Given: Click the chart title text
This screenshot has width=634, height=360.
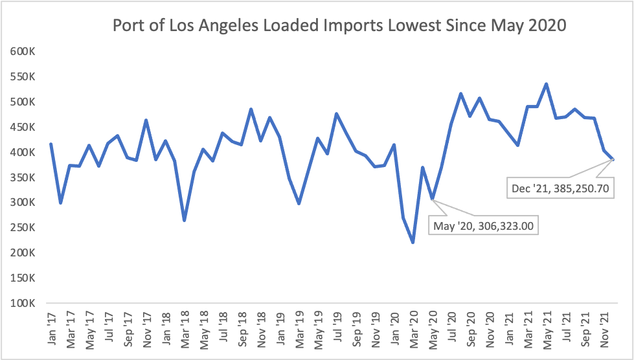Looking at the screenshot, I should [339, 26].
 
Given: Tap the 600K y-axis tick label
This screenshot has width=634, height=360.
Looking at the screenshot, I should [23, 52].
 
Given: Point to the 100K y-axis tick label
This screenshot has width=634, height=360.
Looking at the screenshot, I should [23, 303].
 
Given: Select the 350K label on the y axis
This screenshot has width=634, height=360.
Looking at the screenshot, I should [23, 177].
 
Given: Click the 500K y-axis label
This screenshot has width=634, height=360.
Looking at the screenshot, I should [23, 102].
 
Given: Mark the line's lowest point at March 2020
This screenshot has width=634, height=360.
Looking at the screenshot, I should [413, 243].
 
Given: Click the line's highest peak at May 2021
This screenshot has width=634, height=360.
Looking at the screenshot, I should [547, 84].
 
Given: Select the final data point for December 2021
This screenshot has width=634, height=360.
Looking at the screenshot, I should [613, 159].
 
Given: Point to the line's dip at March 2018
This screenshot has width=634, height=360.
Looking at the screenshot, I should [185, 221].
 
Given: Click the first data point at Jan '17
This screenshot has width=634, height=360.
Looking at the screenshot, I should [51, 144].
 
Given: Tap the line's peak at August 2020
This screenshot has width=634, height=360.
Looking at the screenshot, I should [460, 94].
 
